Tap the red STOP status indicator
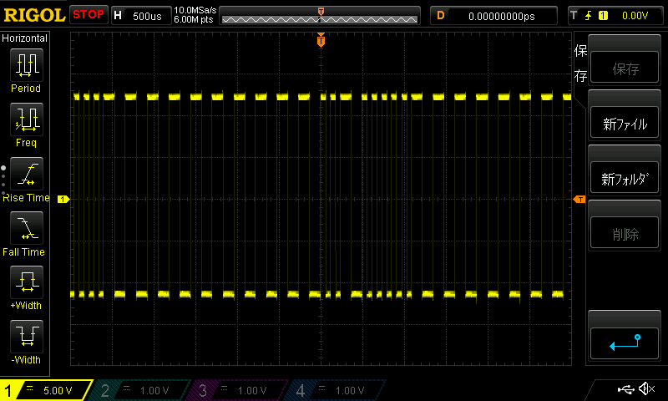click(x=89, y=14)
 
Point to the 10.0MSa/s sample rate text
click(x=195, y=11)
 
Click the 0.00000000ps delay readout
click(x=502, y=15)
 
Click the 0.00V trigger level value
click(x=635, y=15)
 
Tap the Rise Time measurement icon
click(x=26, y=173)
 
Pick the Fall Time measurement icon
click(x=26, y=227)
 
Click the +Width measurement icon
click(x=26, y=282)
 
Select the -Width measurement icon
click(x=26, y=337)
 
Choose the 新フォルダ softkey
click(x=625, y=179)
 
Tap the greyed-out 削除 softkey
click(x=625, y=234)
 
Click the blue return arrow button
click(x=625, y=342)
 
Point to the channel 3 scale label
click(x=242, y=390)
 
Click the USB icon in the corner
click(x=625, y=389)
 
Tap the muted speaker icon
click(x=646, y=389)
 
